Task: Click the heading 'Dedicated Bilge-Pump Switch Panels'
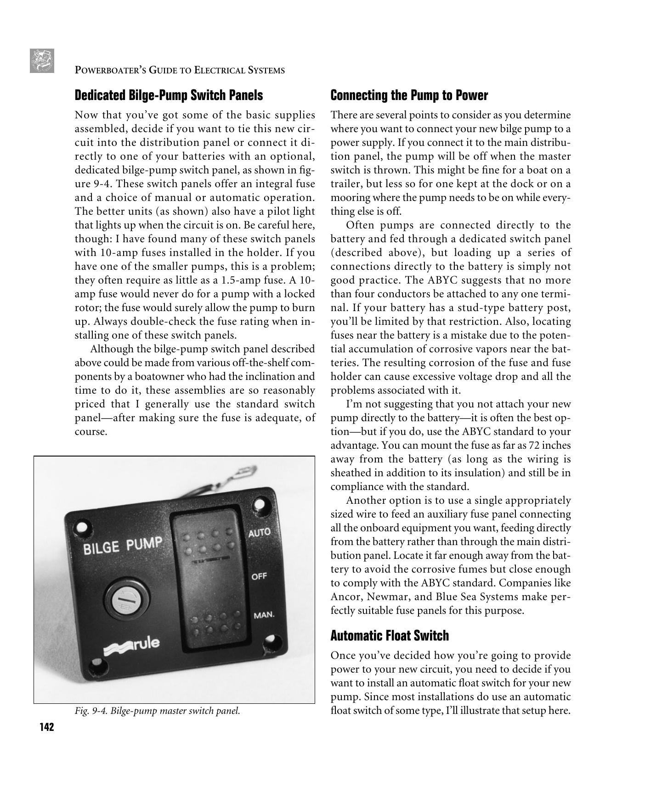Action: point(169,95)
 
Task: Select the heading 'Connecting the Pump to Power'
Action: point(409,95)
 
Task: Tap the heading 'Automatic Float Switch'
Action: point(389,636)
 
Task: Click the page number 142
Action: point(47,727)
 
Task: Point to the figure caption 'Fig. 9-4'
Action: point(157,711)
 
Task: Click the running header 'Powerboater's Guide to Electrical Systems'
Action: point(180,70)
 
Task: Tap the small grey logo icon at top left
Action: point(42,61)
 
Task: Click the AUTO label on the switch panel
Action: point(260,533)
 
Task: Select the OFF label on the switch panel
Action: point(259,576)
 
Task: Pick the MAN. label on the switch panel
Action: point(264,615)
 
